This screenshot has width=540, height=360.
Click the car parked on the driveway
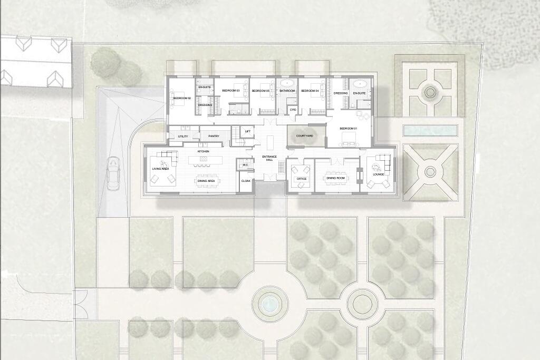tap(113, 173)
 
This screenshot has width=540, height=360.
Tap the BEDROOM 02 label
tap(182, 99)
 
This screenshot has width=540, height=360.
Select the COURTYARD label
tap(304, 136)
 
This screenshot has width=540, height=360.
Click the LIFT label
tap(248, 131)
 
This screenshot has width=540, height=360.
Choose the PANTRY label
tap(214, 137)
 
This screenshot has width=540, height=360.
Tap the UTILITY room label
tap(183, 137)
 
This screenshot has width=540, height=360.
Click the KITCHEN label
tap(204, 151)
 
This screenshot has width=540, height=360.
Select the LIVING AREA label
tap(160, 169)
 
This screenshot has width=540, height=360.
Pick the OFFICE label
tap(302, 179)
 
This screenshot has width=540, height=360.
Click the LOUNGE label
tap(378, 174)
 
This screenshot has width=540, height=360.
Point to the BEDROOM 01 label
tap(348, 129)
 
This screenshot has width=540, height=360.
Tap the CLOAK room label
tap(246, 181)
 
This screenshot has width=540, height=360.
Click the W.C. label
tap(245, 165)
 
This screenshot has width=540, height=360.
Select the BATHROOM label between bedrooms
tap(287, 91)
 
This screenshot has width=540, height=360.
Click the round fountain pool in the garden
tap(270, 304)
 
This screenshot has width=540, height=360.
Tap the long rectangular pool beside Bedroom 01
tap(429, 130)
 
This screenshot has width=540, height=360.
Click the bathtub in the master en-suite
tap(360, 83)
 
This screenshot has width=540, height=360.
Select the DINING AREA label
tap(206, 181)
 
